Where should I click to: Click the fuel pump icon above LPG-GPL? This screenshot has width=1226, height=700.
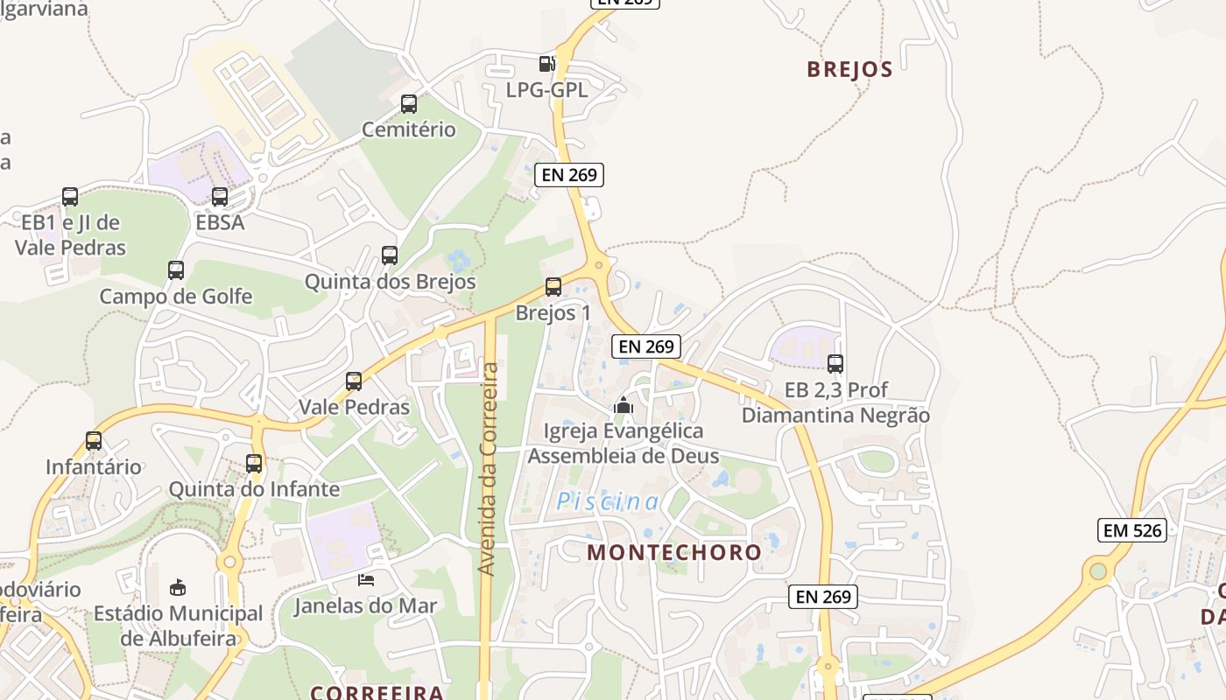547,63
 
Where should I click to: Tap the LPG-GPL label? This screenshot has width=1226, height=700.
547,89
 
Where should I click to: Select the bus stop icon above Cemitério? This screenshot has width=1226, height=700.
409,104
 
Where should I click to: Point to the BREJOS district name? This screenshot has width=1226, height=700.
849,70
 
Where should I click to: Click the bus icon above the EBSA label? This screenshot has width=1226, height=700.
220,197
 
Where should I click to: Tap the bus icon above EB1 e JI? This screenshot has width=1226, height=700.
70,197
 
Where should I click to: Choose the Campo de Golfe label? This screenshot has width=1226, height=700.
175,297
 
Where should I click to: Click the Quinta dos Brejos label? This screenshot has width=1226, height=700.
390,282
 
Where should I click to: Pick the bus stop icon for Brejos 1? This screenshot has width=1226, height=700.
553,287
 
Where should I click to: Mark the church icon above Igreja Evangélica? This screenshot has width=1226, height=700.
624,405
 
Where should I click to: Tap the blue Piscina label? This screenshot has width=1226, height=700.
609,501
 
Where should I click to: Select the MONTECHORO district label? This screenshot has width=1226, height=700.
674,553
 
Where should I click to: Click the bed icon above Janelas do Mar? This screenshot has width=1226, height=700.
366,579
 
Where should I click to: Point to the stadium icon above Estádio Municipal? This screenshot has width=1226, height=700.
178,586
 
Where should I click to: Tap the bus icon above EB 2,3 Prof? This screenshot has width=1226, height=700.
835,363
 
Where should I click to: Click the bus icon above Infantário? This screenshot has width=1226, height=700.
94,441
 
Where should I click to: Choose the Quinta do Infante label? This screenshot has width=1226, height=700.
254,489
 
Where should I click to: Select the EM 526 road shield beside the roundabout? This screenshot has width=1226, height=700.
1132,529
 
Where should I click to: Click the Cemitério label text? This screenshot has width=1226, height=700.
409,129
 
